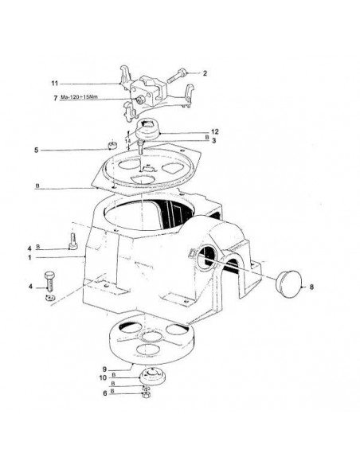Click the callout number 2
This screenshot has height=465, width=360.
[x=205, y=73]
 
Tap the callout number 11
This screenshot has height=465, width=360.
[x=55, y=84]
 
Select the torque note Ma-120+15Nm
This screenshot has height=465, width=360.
[x=79, y=97]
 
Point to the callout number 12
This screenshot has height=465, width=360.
[x=215, y=131]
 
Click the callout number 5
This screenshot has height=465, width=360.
[x=36, y=150]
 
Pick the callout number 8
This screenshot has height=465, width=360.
[x=311, y=287]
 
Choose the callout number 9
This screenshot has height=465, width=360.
[x=104, y=369]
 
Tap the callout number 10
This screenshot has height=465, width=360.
[x=103, y=377]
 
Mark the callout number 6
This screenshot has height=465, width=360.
[x=104, y=393]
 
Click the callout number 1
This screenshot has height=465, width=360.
[x=29, y=258]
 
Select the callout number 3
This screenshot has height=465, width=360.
[x=213, y=141]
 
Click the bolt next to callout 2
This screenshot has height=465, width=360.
[x=177, y=76]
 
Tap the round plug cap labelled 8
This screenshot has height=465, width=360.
[x=288, y=283]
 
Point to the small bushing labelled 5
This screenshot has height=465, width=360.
[x=112, y=145]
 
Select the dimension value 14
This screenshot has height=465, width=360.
[x=127, y=141]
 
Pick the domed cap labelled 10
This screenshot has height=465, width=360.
[x=152, y=376]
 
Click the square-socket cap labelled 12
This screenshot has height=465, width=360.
[x=147, y=130]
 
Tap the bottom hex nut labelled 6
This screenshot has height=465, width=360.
[x=147, y=394]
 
